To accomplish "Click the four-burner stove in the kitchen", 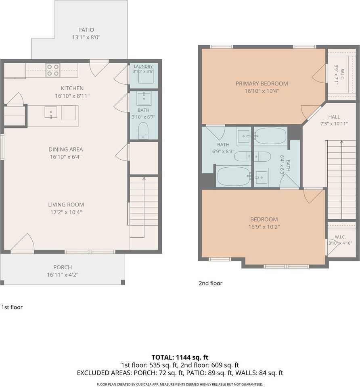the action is (x=53, y=70).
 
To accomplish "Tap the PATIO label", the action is (x=86, y=30).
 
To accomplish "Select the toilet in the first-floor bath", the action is (x=143, y=130).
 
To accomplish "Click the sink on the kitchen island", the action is (x=51, y=112).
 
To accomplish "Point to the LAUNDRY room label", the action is (x=143, y=67).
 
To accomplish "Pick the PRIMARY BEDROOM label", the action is (x=262, y=83).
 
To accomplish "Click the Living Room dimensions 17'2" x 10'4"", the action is (x=66, y=212).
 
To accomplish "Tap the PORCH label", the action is (x=63, y=267).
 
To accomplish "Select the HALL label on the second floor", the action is (x=334, y=117).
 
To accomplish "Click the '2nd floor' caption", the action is (x=211, y=283).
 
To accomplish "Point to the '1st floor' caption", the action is (x=12, y=307).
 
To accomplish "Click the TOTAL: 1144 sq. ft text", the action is (x=180, y=357).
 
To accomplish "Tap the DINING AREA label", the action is (x=66, y=149).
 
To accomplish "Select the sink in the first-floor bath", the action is (x=144, y=98).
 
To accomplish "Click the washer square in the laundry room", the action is (x=146, y=77).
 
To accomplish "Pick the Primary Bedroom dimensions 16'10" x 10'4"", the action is (x=262, y=91).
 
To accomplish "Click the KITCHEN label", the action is (x=72, y=88).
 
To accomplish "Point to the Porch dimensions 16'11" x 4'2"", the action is (x=63, y=275).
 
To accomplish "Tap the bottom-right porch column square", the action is (x=123, y=282).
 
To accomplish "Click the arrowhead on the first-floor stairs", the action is (x=144, y=178).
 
